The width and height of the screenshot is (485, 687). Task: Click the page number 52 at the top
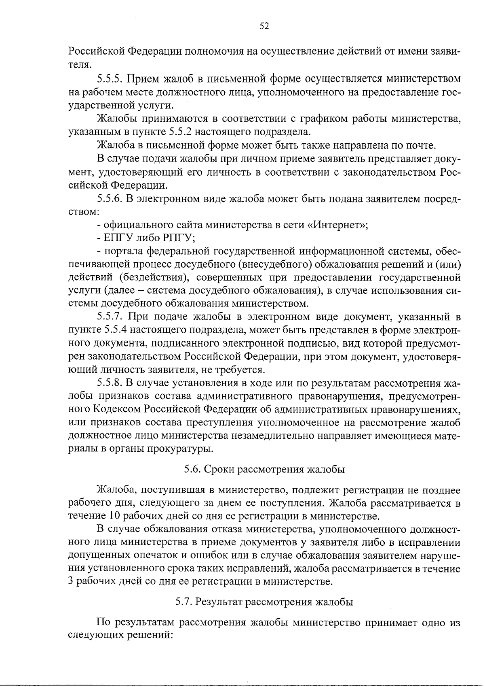point(264,26)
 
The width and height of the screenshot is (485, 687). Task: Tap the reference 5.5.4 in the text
point(116,330)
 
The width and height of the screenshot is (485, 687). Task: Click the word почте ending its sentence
point(422,145)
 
